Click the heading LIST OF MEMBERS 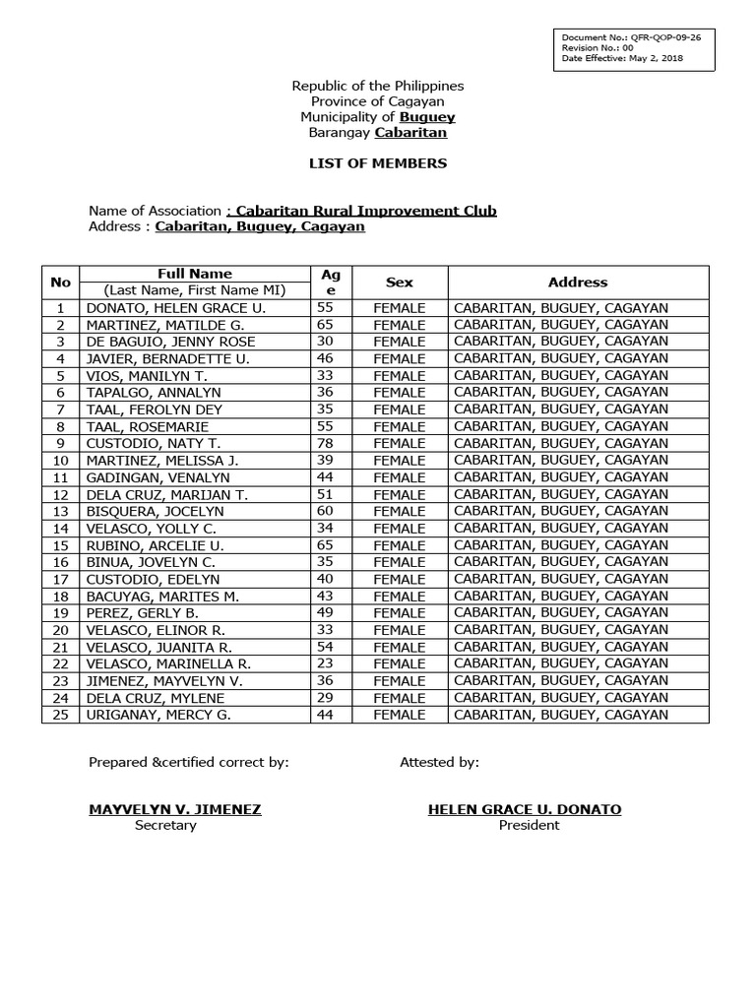[378, 163]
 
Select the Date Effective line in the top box [622, 57]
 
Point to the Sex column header [400, 283]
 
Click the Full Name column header [195, 274]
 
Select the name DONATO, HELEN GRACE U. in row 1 [168, 308]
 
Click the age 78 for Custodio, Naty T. [324, 444]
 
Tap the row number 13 [61, 512]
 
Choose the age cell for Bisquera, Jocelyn [324, 512]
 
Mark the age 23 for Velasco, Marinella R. [324, 663]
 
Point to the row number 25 [61, 715]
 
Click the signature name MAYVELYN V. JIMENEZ [175, 809]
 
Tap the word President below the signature [529, 826]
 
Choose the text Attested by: [439, 762]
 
